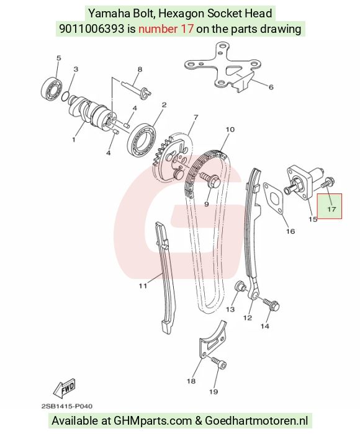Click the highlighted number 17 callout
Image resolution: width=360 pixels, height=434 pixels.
click(331, 209)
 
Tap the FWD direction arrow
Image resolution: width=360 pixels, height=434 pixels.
click(65, 387)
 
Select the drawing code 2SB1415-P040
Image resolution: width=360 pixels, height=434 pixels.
click(67, 406)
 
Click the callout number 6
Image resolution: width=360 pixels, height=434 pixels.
click(271, 87)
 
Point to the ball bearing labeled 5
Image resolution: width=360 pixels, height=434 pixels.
click(53, 89)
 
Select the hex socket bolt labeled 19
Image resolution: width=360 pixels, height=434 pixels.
click(219, 363)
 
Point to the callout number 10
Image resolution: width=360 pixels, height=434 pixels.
click(230, 130)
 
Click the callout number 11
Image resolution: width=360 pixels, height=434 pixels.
click(143, 286)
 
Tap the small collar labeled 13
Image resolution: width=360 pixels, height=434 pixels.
click(240, 286)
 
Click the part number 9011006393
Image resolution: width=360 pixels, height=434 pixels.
click(92, 29)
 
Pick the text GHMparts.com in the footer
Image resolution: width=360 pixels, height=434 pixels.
click(153, 421)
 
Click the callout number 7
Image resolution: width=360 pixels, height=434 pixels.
click(196, 117)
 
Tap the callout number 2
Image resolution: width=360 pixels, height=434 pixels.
click(164, 105)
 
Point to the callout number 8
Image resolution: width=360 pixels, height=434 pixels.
click(140, 69)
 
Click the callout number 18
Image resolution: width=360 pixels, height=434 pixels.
click(191, 381)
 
